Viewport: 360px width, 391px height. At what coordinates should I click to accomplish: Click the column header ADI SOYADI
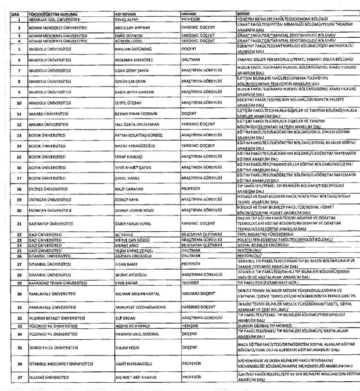coord(127,12)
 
